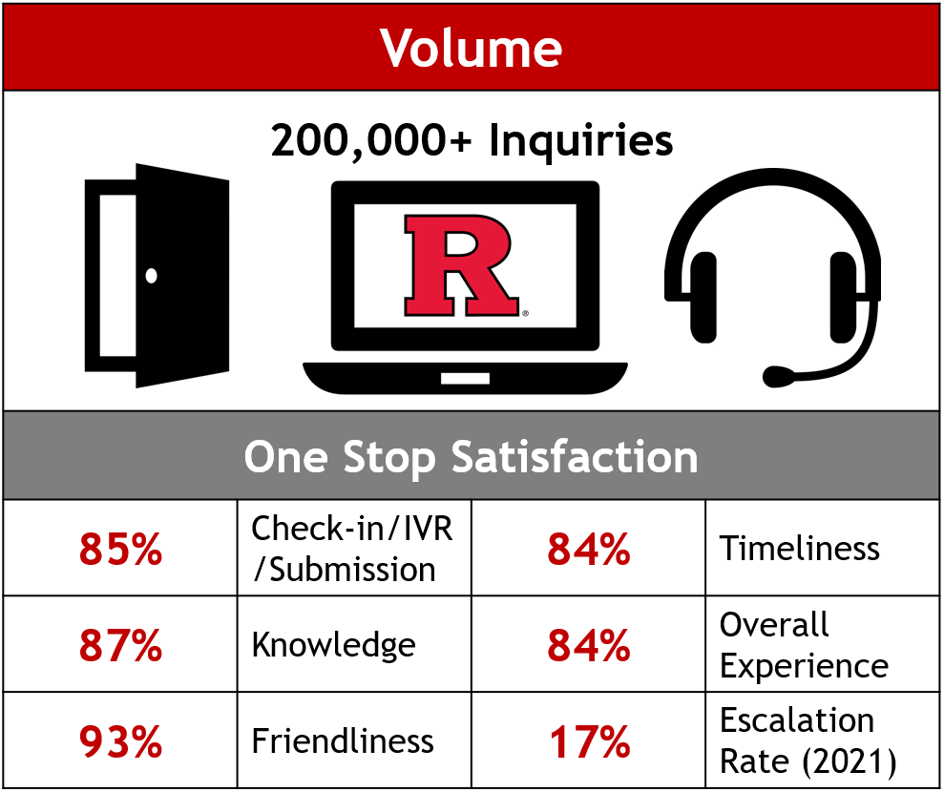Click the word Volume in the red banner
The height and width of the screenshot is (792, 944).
471,48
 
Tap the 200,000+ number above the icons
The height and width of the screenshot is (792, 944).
371,141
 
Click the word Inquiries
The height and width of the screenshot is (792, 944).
581,142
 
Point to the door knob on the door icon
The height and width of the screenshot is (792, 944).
151,276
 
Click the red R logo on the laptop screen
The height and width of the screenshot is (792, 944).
461,265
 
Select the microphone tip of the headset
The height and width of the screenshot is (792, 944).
778,377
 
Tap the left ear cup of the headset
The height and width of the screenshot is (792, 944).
703,298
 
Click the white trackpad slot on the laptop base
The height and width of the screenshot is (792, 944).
465,379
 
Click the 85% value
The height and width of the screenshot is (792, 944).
120,549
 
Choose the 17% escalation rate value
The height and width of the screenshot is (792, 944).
589,741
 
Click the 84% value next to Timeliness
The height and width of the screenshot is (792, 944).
589,549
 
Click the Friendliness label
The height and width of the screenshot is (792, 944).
343,740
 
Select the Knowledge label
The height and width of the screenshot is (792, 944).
333,645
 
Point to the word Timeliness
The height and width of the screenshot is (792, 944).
800,549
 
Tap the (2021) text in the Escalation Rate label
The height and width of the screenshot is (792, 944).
850,761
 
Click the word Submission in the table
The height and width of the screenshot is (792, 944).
352,570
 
